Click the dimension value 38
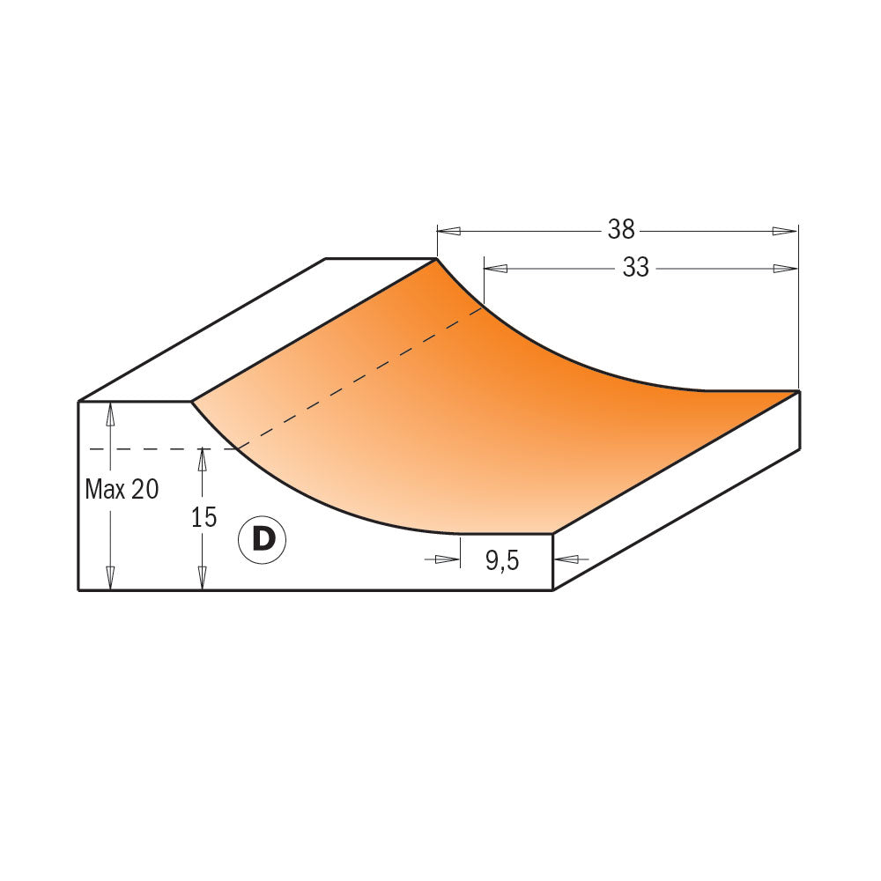point(621,230)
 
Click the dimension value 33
point(635,268)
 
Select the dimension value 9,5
point(501,560)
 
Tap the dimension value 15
point(204,517)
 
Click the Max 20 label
point(122,490)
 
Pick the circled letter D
point(263,538)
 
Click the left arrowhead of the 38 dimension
point(448,231)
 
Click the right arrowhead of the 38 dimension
point(785,231)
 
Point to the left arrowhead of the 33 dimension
point(495,269)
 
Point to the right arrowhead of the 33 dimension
point(785,269)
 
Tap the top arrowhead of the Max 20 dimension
point(110,413)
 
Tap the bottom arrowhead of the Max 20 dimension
point(110,578)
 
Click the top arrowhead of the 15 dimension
point(203,459)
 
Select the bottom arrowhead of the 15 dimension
point(203,578)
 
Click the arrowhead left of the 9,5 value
point(448,559)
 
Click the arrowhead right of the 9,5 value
point(565,559)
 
